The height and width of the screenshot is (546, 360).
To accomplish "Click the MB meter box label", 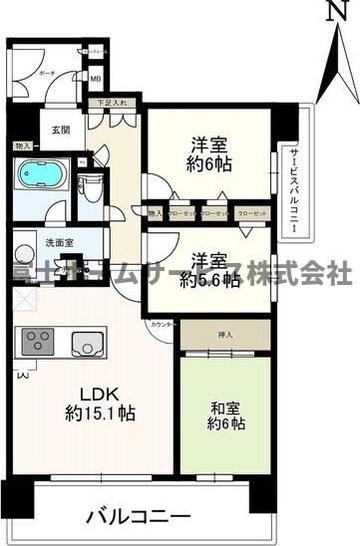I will pyautogui.click(x=96, y=80).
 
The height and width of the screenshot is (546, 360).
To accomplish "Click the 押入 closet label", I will pyautogui.click(x=225, y=335).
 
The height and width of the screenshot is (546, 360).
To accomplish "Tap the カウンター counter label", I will pyautogui.click(x=163, y=325).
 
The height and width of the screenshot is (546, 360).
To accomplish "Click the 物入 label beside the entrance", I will pyautogui.click(x=22, y=145).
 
